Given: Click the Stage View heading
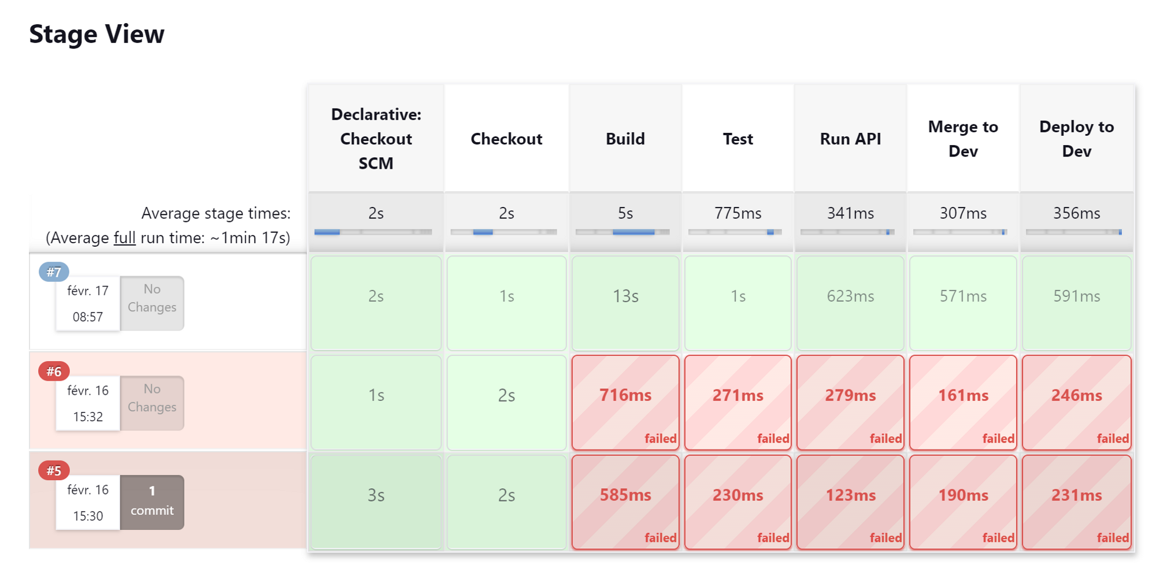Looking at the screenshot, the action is pyautogui.click(x=97, y=34).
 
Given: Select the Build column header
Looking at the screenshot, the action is pyautogui.click(x=625, y=139).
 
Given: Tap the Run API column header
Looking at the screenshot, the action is pyautogui.click(x=850, y=139).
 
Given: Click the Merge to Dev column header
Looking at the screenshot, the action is pyautogui.click(x=963, y=139).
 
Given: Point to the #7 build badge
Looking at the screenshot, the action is pyautogui.click(x=54, y=272).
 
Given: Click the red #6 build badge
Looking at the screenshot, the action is pyautogui.click(x=54, y=371).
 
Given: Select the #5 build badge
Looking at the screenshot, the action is pyautogui.click(x=54, y=470).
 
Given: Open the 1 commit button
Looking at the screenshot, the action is pyautogui.click(x=152, y=502).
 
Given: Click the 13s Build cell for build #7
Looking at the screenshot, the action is pyautogui.click(x=625, y=303).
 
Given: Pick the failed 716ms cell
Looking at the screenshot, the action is pyautogui.click(x=625, y=402).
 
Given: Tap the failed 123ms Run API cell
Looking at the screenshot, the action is pyautogui.click(x=850, y=502).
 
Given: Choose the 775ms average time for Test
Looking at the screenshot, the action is pyautogui.click(x=738, y=213).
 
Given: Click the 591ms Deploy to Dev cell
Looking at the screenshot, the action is pyautogui.click(x=1076, y=303).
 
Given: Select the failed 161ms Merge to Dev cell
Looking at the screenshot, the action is pyautogui.click(x=963, y=402).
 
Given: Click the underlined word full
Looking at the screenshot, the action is pyautogui.click(x=124, y=237).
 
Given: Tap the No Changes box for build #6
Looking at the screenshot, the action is pyautogui.click(x=152, y=403).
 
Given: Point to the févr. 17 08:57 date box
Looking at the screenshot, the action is pyautogui.click(x=88, y=303).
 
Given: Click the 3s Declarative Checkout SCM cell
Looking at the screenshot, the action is pyautogui.click(x=376, y=502).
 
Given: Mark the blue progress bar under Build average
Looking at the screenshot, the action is pyautogui.click(x=633, y=232).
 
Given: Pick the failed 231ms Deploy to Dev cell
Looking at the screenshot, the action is pyautogui.click(x=1076, y=502).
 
